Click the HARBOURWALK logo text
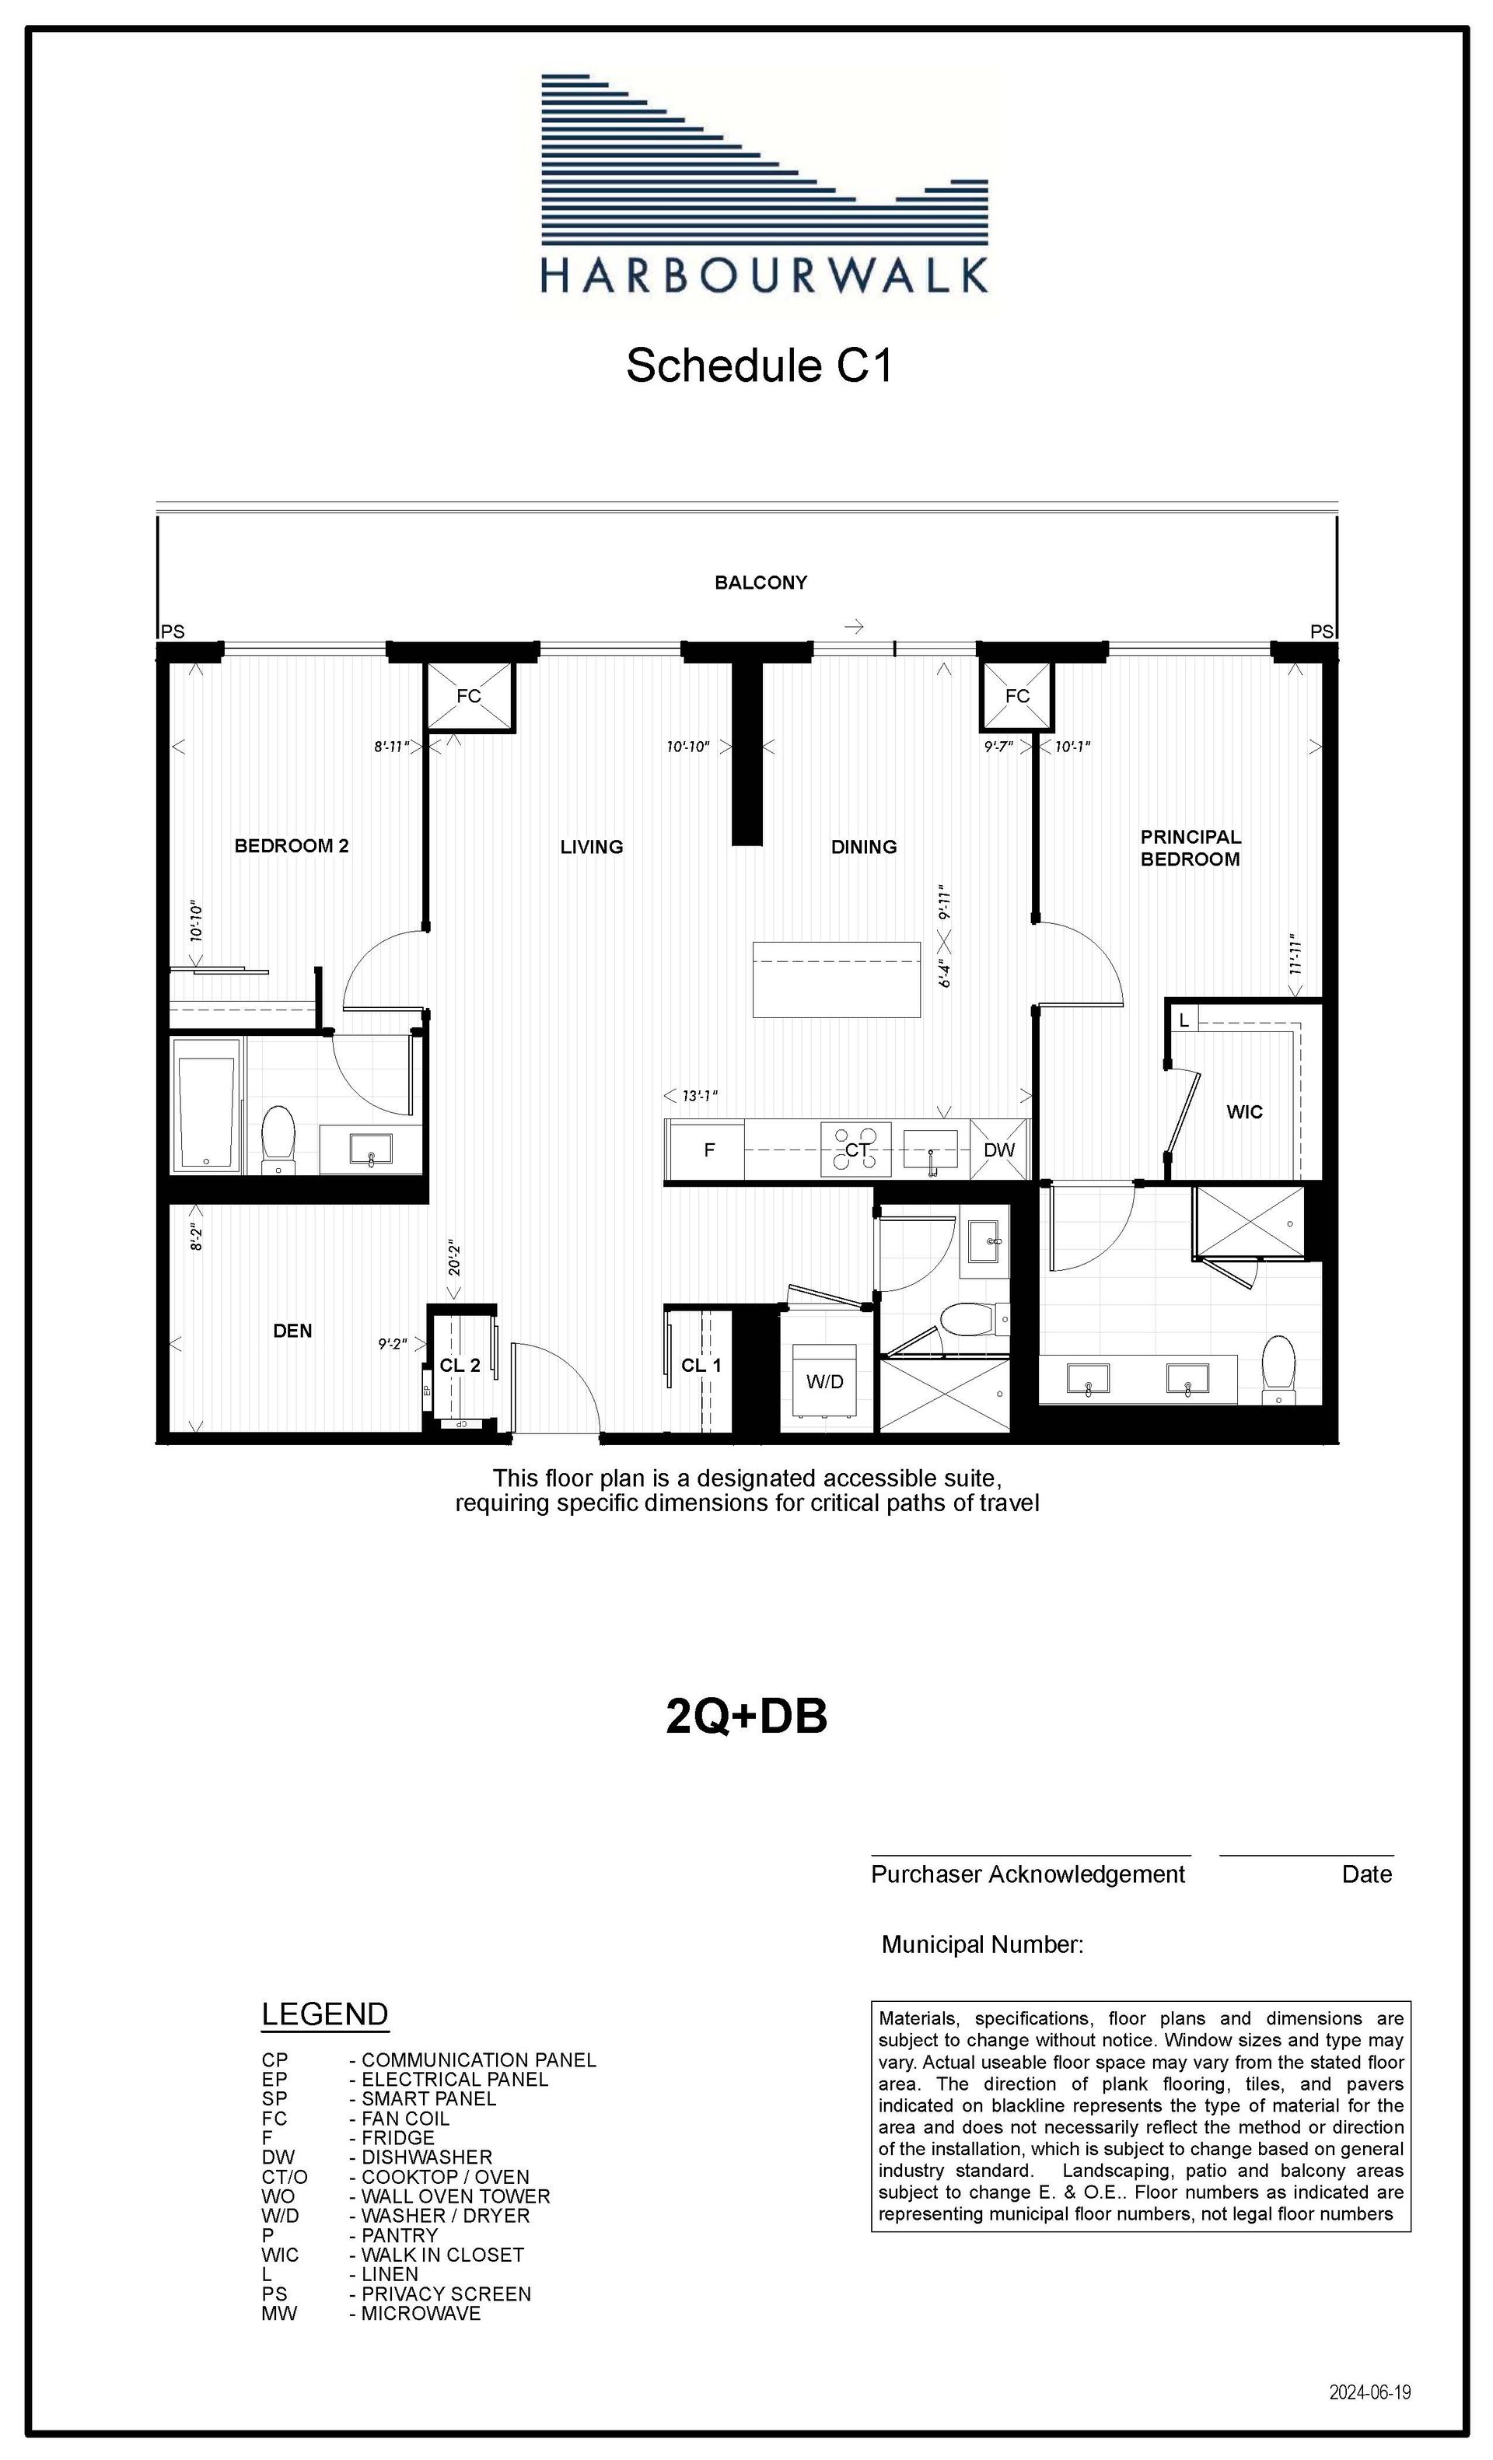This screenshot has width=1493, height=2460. click(764, 275)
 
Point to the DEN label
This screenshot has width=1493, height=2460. click(292, 1331)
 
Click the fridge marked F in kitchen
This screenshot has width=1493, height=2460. click(708, 1150)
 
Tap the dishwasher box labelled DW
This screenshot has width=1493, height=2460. click(999, 1150)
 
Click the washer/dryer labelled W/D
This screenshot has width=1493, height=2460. click(825, 1380)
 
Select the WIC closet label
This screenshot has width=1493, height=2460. click(1244, 1112)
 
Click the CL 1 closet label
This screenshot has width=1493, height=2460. click(701, 1366)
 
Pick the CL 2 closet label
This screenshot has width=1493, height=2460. click(460, 1366)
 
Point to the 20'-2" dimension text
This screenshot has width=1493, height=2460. click(455, 1259)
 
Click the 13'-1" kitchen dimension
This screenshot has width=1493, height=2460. click(701, 1096)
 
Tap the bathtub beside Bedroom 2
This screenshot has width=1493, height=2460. click(207, 1106)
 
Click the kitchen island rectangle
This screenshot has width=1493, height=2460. click(837, 979)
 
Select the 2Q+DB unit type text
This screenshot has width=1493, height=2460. click(746, 1717)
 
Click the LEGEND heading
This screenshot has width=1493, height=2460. click(324, 2014)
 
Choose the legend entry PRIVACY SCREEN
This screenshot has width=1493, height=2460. click(446, 2294)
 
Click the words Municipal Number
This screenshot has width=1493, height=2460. click(982, 1945)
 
